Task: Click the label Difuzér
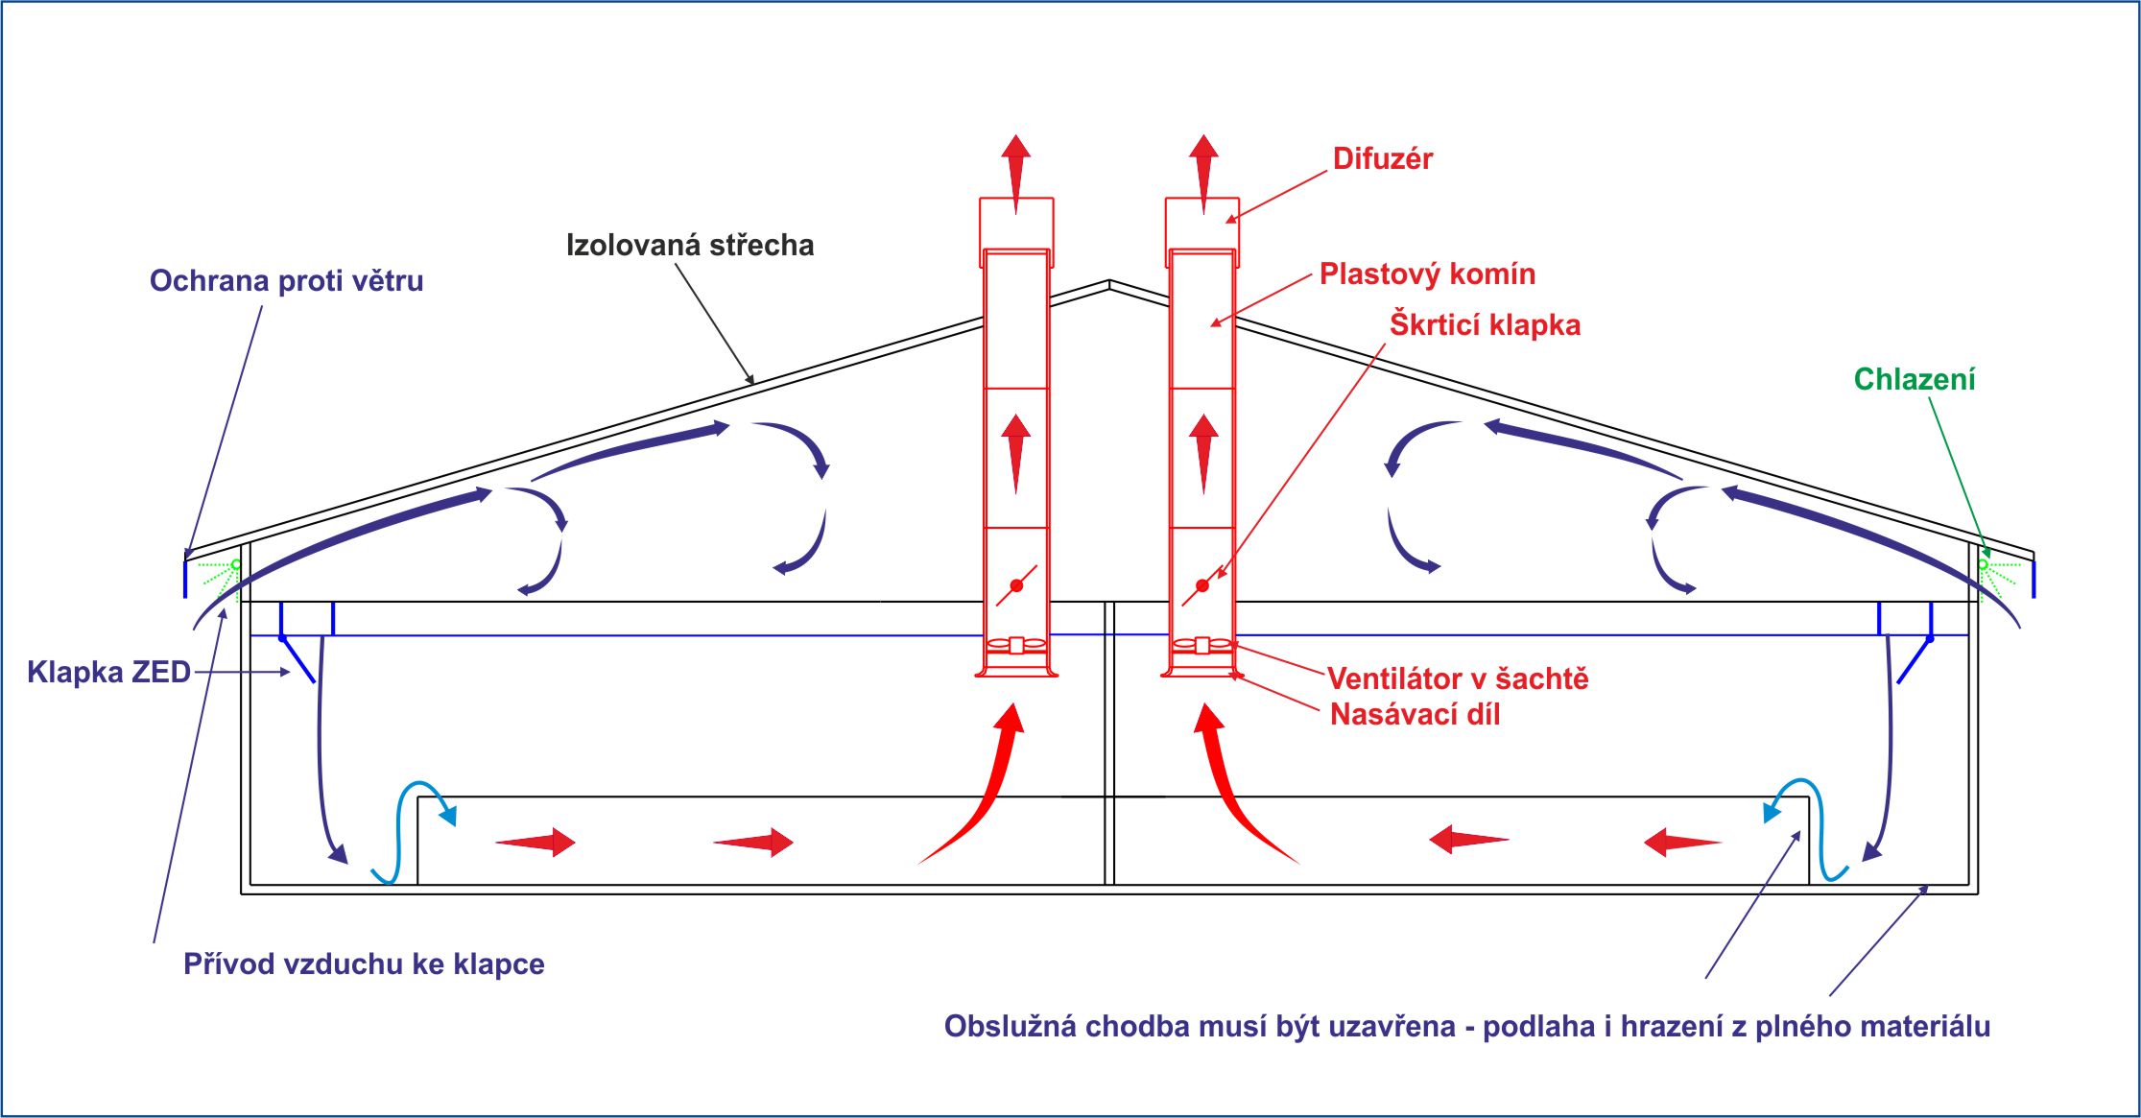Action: point(1382,159)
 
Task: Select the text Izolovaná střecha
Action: point(689,246)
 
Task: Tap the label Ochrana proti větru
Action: point(286,281)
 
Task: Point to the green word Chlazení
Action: point(1914,380)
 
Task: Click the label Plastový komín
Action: point(1427,274)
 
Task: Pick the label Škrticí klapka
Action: point(1485,325)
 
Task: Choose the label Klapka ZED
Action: point(108,672)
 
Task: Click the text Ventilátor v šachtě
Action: point(1458,679)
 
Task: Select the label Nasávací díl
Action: point(1415,715)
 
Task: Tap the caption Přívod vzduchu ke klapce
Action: point(364,964)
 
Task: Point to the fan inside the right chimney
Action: point(1201,645)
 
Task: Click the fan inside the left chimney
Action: point(1016,645)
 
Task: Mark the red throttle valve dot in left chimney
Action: point(1016,585)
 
